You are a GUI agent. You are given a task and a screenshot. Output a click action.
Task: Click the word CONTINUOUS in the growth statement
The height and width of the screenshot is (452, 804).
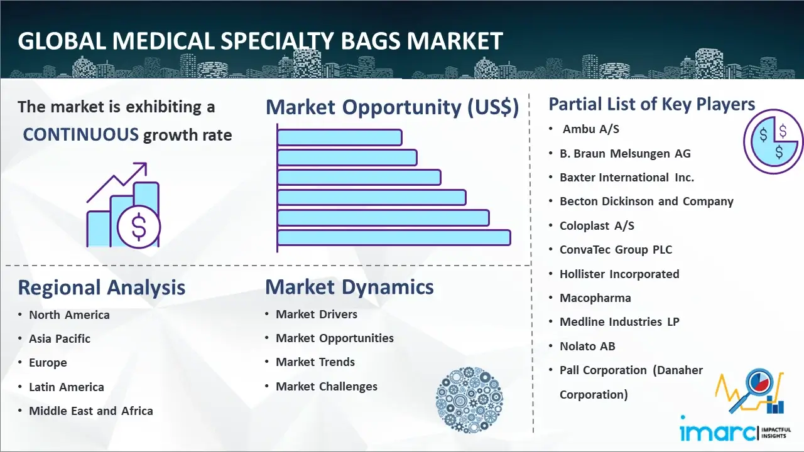(81, 134)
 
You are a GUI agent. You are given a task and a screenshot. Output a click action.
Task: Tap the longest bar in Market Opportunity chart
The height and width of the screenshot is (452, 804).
(394, 238)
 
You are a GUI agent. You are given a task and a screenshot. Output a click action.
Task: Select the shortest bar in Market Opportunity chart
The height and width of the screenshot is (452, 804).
(340, 137)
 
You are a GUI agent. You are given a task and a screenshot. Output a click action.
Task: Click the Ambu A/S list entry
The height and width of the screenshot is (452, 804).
(591, 129)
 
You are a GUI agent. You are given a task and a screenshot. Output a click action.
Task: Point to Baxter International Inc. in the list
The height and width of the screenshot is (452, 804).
(627, 178)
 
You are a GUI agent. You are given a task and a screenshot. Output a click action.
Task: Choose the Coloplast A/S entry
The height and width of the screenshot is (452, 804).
(597, 225)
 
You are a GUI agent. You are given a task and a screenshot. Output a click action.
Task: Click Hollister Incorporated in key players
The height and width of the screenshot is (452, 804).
(619, 274)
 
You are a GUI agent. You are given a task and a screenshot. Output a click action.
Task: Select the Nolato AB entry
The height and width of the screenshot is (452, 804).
(587, 346)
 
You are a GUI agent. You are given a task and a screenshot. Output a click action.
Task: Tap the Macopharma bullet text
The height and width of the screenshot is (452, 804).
(595, 298)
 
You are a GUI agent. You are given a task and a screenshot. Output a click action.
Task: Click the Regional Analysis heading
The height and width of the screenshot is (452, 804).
(102, 288)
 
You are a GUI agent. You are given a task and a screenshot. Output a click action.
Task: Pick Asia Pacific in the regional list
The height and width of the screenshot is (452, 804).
(60, 338)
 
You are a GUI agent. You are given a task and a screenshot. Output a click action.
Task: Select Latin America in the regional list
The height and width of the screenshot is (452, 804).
(67, 387)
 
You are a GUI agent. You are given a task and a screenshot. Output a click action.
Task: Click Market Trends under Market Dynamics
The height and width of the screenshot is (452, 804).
(315, 362)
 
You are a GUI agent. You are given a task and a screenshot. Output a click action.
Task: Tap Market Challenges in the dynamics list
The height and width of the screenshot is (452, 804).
(327, 386)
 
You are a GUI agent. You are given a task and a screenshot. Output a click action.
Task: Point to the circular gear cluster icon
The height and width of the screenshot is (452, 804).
(469, 399)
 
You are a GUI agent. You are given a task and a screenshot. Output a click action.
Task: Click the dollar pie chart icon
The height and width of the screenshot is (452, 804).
(773, 142)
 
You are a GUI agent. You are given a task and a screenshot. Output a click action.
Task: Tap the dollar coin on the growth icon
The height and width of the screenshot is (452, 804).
(139, 227)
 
